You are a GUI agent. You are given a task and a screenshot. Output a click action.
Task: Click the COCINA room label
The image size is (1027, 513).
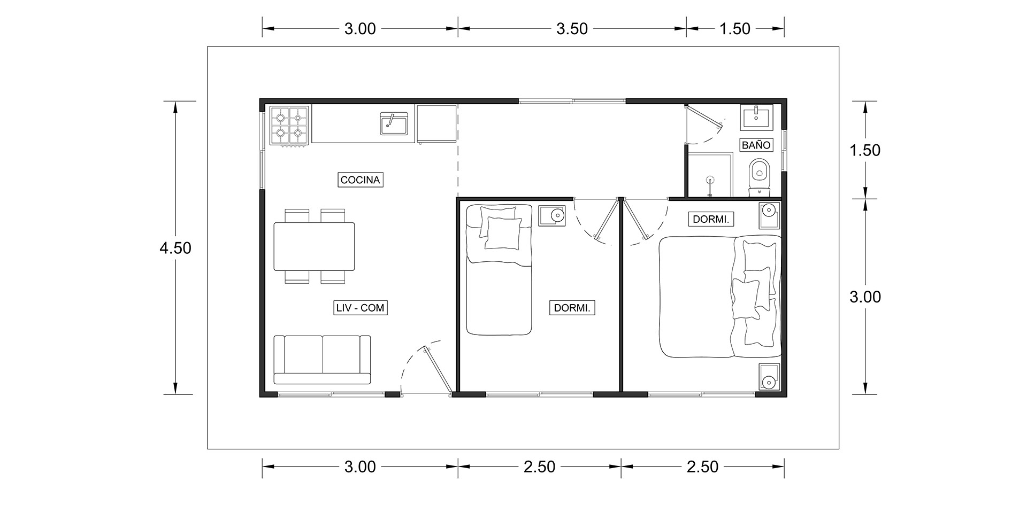point(361,180)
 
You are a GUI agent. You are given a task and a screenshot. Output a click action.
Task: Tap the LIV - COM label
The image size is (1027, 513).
point(359,308)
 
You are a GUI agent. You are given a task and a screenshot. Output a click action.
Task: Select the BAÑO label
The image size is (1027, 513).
point(756,145)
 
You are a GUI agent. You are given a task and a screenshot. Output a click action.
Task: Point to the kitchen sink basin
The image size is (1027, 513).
point(395,124)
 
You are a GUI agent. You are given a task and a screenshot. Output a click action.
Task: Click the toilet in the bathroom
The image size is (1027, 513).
point(759,176)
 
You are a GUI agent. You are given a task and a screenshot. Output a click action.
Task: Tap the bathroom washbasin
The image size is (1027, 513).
point(756,118)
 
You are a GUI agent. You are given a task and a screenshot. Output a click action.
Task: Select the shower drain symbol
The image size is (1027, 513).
point(710,180)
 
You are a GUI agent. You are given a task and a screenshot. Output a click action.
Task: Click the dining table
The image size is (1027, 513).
point(315,246)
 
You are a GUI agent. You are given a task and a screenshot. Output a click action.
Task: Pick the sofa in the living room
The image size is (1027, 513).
point(322,360)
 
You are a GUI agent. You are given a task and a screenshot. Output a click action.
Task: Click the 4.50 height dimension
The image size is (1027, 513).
point(175,248)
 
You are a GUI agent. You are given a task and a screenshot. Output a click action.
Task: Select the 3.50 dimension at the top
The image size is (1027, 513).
point(572,29)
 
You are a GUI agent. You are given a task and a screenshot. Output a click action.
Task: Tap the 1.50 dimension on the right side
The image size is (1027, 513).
point(865,150)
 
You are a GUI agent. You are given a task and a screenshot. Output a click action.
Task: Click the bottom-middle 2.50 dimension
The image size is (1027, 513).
point(539,467)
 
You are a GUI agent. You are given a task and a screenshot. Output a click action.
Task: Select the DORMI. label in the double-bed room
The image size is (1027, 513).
point(710,219)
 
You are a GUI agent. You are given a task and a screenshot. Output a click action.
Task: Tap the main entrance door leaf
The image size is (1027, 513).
point(438,370)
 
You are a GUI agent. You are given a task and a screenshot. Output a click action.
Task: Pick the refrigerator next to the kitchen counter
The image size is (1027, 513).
point(436,125)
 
